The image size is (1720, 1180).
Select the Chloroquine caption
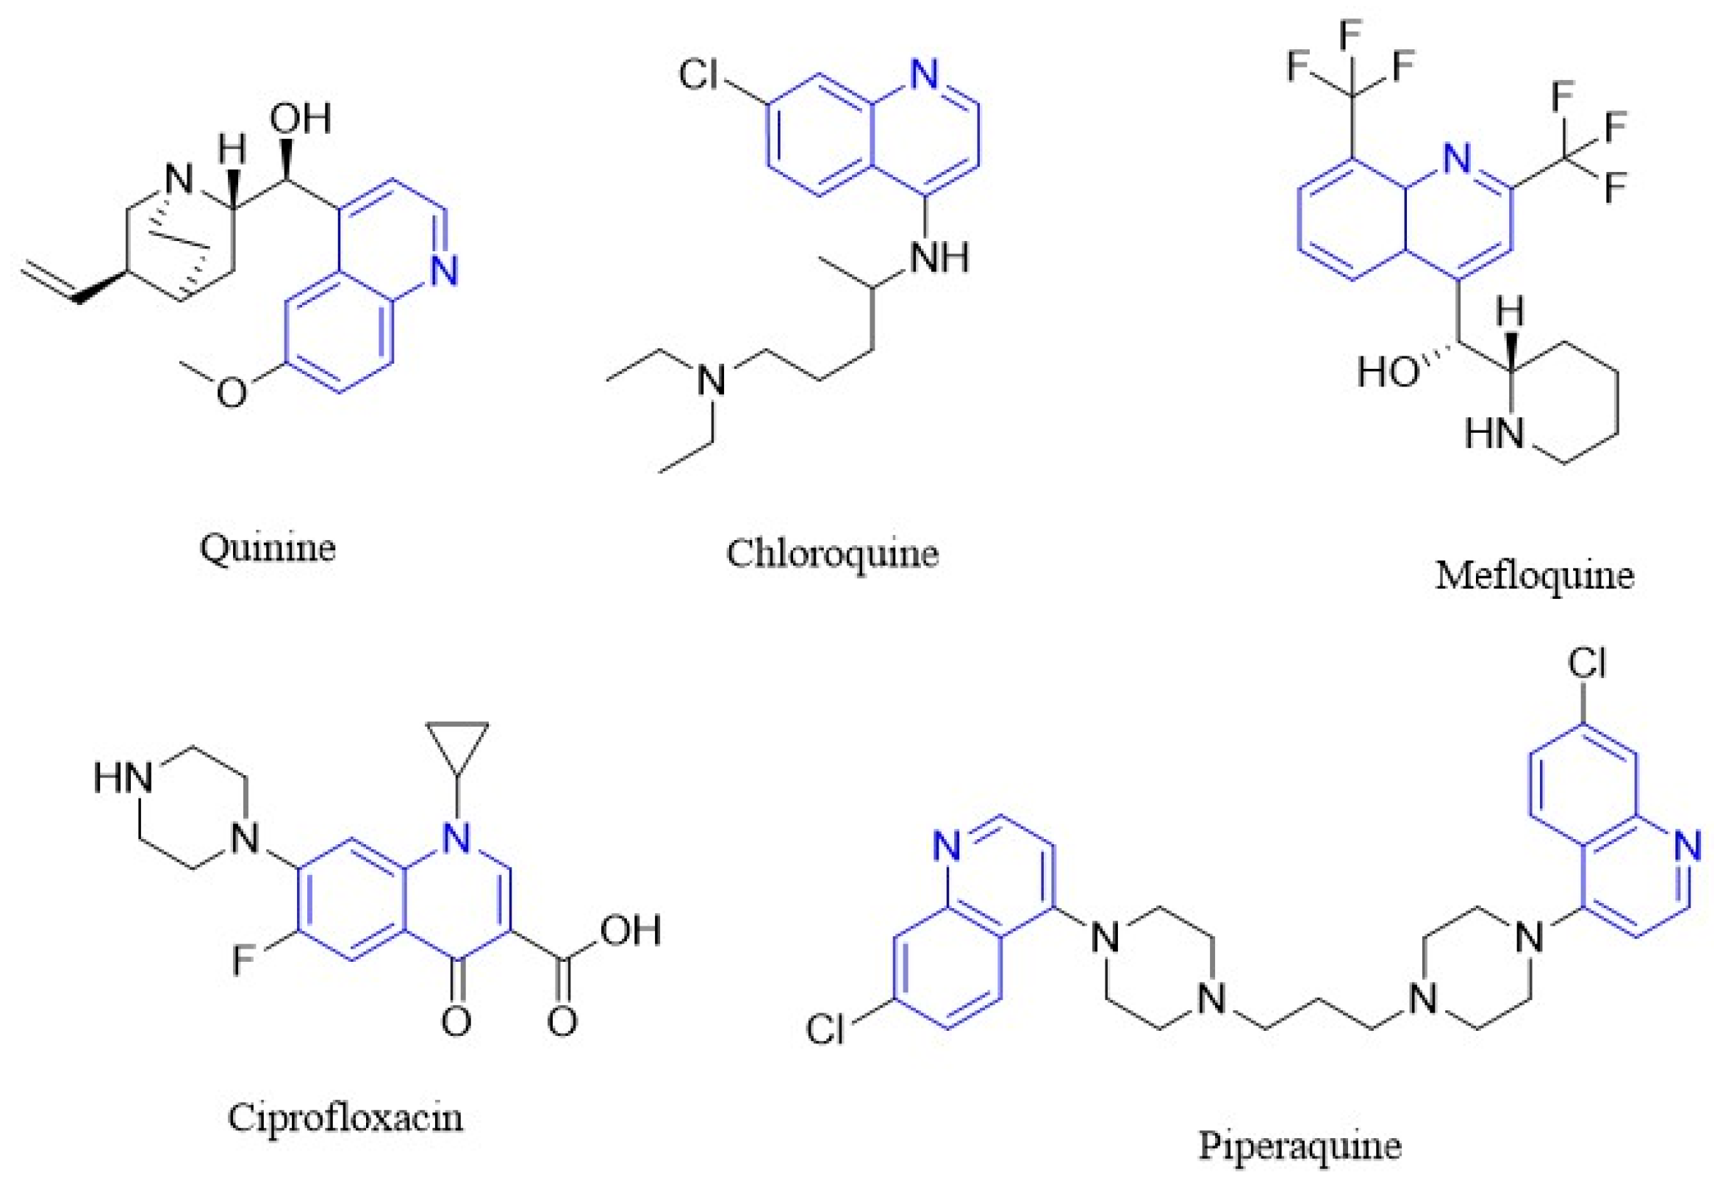click(x=832, y=553)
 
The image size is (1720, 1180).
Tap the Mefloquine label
click(x=1534, y=575)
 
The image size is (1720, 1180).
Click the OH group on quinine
click(x=299, y=118)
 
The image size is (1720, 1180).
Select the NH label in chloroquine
click(x=939, y=256)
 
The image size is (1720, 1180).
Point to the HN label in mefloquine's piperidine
click(x=1494, y=432)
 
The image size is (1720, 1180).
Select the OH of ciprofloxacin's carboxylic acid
click(x=630, y=930)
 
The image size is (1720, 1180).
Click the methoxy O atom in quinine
click(x=232, y=391)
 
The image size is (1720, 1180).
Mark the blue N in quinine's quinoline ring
click(x=443, y=270)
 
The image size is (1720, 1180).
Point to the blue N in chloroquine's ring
click(x=924, y=75)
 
